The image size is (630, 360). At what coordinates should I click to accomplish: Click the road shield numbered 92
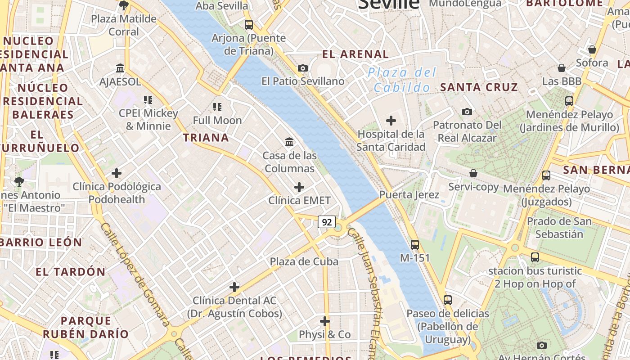pyautogui.click(x=327, y=222)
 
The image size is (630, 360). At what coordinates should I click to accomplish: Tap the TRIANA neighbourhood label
pyautogui.click(x=206, y=138)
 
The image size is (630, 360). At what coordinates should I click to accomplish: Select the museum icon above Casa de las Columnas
pyautogui.click(x=290, y=142)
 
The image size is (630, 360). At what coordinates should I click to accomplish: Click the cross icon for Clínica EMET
pyautogui.click(x=299, y=187)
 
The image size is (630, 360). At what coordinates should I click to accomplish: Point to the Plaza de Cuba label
pyautogui.click(x=304, y=261)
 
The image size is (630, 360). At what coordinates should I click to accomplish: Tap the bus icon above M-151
pyautogui.click(x=415, y=245)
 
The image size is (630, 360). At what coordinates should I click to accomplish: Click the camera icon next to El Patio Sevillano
pyautogui.click(x=303, y=68)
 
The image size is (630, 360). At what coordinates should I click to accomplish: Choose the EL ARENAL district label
pyautogui.click(x=355, y=54)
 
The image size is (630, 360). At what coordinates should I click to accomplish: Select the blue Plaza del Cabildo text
pyautogui.click(x=401, y=80)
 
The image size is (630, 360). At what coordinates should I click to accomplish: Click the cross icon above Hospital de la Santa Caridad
pyautogui.click(x=391, y=121)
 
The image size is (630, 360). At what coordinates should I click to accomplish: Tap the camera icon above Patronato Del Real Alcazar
pyautogui.click(x=467, y=112)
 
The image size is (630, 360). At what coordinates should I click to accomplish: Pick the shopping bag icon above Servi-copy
pyautogui.click(x=473, y=173)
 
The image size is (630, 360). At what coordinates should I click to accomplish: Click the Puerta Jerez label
pyautogui.click(x=409, y=195)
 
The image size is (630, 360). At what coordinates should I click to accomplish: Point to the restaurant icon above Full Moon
pyautogui.click(x=217, y=107)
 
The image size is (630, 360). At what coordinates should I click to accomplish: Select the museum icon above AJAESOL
pyautogui.click(x=120, y=68)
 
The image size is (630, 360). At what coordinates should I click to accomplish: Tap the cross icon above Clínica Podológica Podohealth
pyautogui.click(x=117, y=173)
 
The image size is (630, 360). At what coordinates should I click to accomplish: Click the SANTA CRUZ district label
pyautogui.click(x=479, y=87)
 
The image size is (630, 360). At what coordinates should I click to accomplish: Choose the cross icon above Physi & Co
pyautogui.click(x=325, y=321)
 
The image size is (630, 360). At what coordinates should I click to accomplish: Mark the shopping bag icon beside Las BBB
pyautogui.click(x=562, y=68)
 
